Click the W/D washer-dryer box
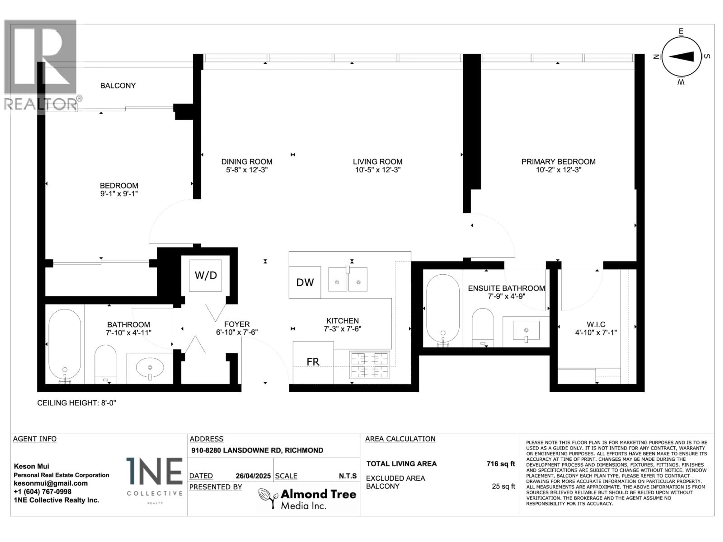point(206,275)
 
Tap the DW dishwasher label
point(305,282)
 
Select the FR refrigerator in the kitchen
point(313,362)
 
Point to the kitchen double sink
point(348,279)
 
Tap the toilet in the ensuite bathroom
point(483,327)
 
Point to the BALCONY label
point(118,86)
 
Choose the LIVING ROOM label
point(378,162)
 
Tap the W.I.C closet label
point(596,324)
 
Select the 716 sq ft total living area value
point(500,464)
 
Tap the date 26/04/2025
point(253,476)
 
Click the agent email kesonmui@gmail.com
point(51,483)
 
